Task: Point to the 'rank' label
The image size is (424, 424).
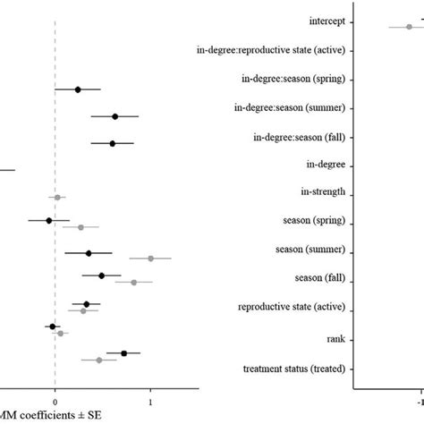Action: coord(337,338)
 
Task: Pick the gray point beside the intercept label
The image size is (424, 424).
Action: coord(409,27)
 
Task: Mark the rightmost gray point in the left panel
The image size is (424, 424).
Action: coord(150,258)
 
